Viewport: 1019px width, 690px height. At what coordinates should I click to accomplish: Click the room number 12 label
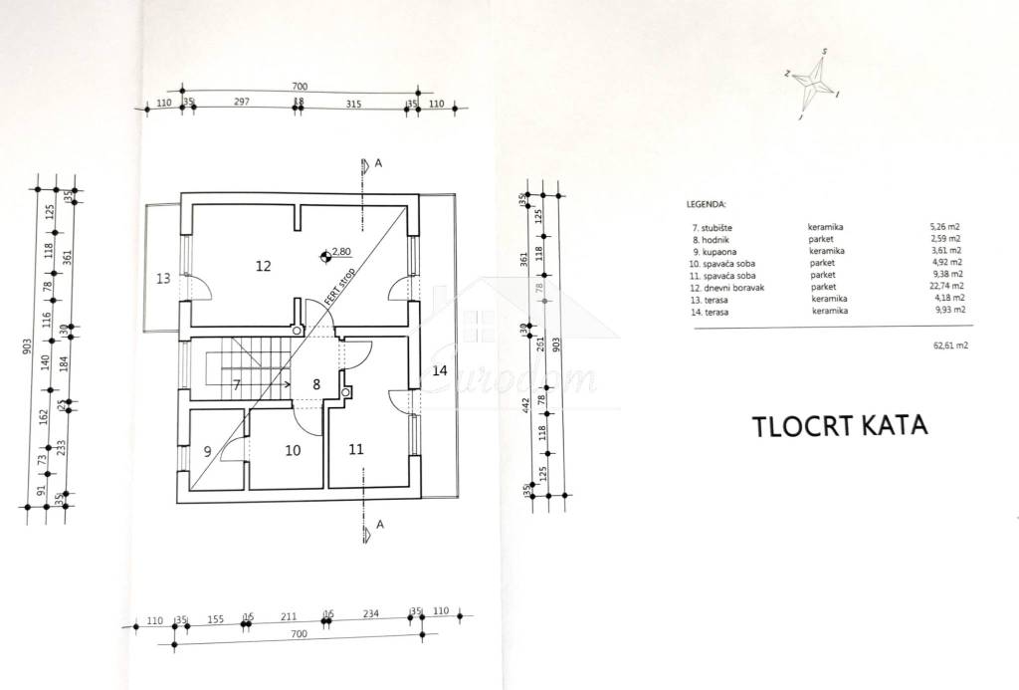(263, 266)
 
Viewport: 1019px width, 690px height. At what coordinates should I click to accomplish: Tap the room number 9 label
(207, 451)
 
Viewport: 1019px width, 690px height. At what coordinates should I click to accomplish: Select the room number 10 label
(292, 450)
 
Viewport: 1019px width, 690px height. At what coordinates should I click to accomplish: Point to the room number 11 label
(356, 449)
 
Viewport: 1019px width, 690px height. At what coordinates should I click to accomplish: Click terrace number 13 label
(164, 278)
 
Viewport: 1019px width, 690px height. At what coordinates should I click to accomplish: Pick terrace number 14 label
(441, 370)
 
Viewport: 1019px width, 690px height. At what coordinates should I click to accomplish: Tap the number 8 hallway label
(316, 383)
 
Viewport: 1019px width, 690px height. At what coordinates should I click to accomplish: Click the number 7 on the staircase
(237, 383)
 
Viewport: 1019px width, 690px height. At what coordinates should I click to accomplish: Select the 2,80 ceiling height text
(342, 253)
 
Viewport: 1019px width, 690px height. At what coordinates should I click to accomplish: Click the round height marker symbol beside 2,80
(324, 257)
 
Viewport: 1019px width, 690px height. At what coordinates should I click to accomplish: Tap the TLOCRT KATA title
(826, 425)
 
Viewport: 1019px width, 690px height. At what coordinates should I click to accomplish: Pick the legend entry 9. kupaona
(712, 251)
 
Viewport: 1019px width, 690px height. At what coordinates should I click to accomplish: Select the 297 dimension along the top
(240, 103)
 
